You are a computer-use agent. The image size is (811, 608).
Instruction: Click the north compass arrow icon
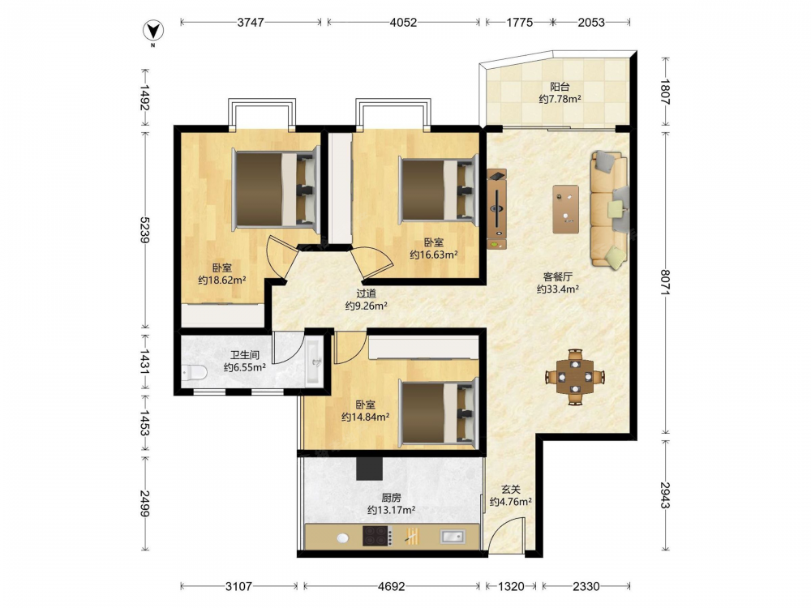[153, 31]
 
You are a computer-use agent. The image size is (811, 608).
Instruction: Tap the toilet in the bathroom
[194, 372]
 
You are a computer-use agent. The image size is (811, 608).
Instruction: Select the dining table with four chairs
[575, 377]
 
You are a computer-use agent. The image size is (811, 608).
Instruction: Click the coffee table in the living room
[565, 209]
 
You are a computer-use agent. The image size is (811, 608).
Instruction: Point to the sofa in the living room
[610, 209]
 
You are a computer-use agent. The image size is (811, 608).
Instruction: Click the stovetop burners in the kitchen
[376, 536]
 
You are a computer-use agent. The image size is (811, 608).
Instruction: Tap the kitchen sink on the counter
[453, 536]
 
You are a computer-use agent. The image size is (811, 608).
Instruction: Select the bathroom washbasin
[315, 362]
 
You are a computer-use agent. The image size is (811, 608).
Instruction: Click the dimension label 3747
[251, 22]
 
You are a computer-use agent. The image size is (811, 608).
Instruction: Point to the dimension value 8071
[666, 282]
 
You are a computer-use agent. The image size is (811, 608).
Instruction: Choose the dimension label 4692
[391, 586]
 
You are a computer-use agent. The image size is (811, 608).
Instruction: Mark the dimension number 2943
[666, 495]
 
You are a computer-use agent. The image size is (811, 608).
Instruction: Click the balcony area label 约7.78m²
[560, 99]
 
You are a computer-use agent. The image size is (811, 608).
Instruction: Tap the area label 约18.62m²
[222, 280]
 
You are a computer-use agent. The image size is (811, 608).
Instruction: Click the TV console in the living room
[496, 209]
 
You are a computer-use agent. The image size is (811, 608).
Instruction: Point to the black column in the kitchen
[369, 468]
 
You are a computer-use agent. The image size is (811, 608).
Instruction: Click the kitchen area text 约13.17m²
[391, 510]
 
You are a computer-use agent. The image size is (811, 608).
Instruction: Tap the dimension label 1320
[511, 586]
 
